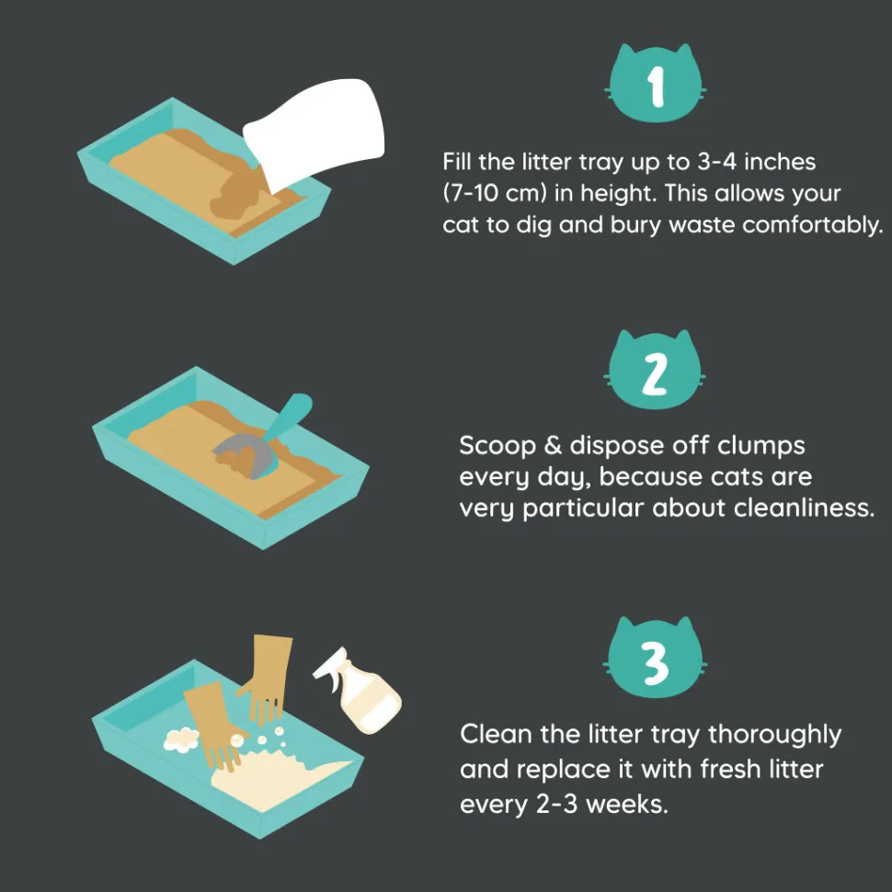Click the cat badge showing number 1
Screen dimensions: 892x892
point(656,85)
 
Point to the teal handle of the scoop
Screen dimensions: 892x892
point(289,416)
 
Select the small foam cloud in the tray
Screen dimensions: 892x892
point(181,739)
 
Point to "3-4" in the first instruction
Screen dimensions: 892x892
point(716,162)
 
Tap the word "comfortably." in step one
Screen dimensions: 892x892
point(813,224)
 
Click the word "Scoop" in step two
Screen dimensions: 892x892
point(497,446)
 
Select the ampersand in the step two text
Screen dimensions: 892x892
point(553,445)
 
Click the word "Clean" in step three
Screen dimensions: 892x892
point(496,734)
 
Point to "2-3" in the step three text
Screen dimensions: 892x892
point(557,805)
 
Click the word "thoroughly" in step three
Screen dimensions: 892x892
point(774,735)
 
